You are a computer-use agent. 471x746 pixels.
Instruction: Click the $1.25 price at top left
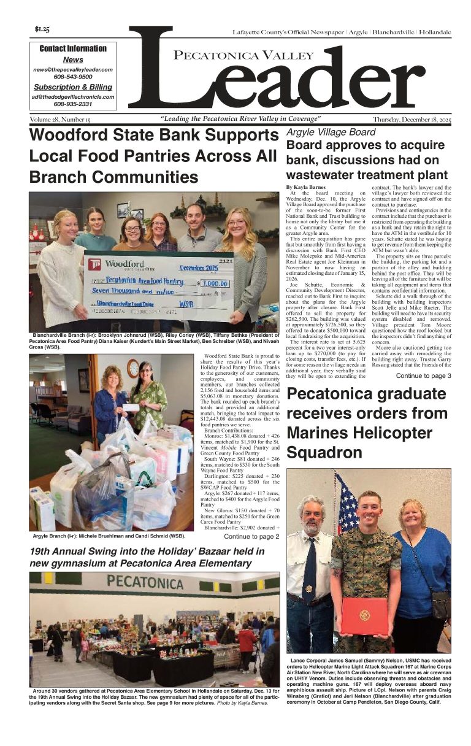tap(42, 29)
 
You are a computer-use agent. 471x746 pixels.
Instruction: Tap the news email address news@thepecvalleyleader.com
tap(73, 69)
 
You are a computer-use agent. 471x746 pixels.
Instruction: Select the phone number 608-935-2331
tap(73, 104)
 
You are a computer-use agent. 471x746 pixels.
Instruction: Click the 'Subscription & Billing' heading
tap(73, 87)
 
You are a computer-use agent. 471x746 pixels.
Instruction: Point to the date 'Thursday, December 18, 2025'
tap(412, 120)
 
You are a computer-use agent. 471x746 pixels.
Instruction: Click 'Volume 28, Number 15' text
tap(60, 119)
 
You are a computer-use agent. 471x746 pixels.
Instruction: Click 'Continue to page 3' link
tap(423, 375)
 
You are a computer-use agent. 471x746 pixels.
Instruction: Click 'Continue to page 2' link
tap(251, 536)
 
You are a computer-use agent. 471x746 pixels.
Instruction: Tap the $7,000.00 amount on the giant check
tap(214, 284)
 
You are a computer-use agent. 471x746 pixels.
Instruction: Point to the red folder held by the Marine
tap(365, 615)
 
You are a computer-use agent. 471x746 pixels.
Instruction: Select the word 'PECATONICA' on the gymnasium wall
tap(145, 581)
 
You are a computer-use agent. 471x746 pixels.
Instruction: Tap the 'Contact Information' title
tap(73, 48)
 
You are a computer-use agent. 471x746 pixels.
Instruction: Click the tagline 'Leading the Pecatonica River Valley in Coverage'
tap(240, 119)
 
